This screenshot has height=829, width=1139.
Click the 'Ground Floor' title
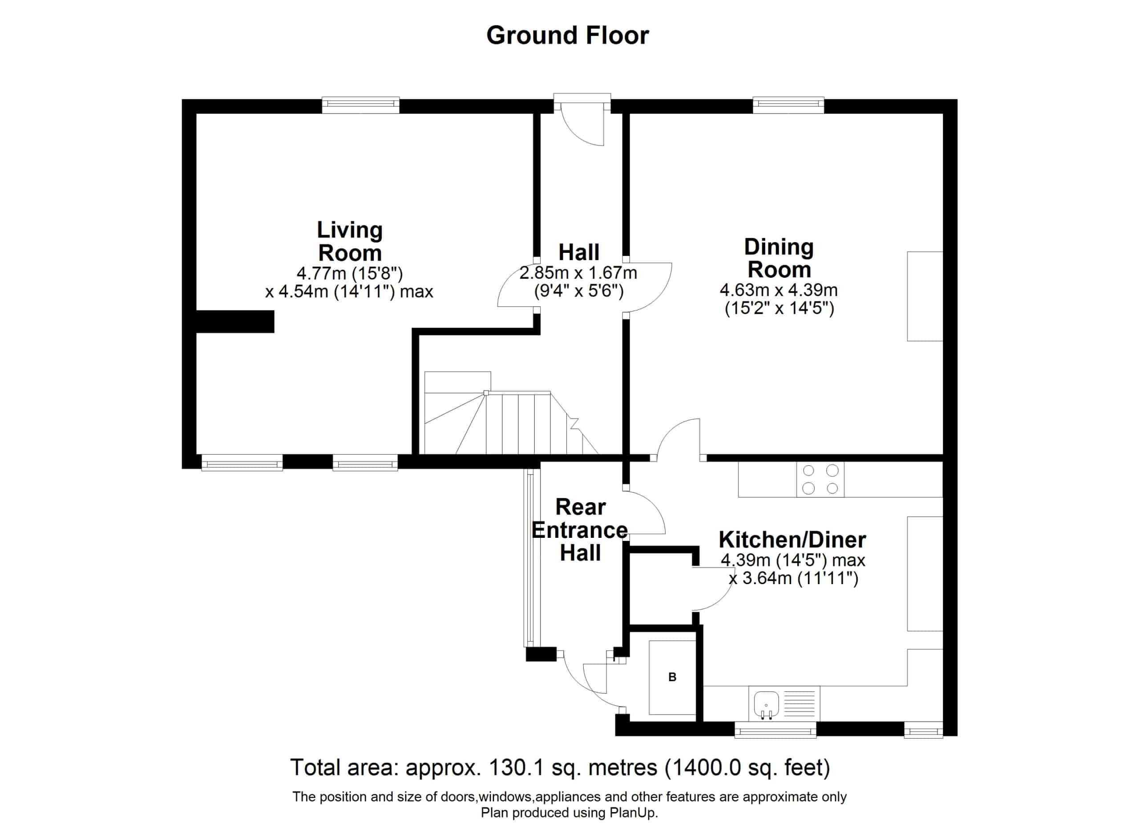(567, 36)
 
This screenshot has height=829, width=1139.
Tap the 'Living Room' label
(350, 241)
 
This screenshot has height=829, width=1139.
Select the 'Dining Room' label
(779, 258)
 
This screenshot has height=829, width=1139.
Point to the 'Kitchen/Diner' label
(792, 540)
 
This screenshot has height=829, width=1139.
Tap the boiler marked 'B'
(672, 677)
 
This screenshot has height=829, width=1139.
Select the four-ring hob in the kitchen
(820, 480)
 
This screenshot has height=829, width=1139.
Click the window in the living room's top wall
(360, 105)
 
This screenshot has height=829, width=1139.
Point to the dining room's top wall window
(788, 105)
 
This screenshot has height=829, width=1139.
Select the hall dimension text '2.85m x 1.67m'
(578, 273)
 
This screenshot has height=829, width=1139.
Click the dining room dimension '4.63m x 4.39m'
(779, 290)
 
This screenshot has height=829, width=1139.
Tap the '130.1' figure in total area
(514, 768)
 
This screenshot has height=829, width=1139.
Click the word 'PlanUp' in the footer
(632, 813)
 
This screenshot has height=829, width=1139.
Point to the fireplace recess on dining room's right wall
(925, 297)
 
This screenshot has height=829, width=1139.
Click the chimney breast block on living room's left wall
(235, 321)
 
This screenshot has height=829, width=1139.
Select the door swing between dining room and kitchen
(678, 438)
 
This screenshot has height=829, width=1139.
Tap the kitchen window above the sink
(775, 730)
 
